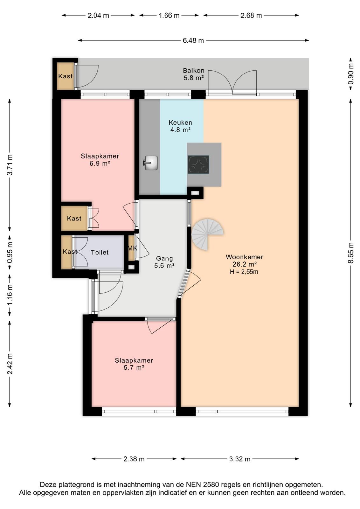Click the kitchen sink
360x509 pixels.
pos(151,163)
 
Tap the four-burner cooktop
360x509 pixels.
pos(198,164)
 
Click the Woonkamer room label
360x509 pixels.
pos(244,257)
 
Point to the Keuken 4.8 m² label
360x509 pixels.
pos(180,126)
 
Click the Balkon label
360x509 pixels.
pos(193,70)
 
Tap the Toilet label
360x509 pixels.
pos(100,252)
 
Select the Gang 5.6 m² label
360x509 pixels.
pos(164,262)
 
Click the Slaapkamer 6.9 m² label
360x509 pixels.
pos(100,159)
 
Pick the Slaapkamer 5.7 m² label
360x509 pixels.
pos(134,364)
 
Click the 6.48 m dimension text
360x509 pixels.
pos(193,40)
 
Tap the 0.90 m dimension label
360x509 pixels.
pos(351,73)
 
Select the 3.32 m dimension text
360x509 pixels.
pos(239,459)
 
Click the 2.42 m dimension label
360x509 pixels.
pos(10,364)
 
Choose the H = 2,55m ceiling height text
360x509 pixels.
pos(244,272)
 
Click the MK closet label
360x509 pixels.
pos(132,248)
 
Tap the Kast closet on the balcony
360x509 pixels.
pos(65,76)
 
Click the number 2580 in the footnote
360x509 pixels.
pos(211,485)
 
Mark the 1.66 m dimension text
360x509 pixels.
pos(169,16)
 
